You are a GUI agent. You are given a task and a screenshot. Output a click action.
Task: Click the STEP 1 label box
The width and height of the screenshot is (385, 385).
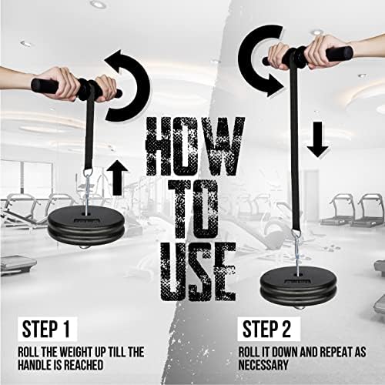pos(48,329)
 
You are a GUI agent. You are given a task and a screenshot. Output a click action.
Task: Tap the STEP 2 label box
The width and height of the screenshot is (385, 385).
pos(269,329)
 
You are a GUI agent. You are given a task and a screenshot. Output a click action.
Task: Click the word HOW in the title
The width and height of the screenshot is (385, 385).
pos(195,146)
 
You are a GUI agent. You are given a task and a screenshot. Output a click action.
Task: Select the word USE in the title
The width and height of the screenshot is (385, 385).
pos(198,272)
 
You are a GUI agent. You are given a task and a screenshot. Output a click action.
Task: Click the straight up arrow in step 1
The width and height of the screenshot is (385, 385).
pos(117,178)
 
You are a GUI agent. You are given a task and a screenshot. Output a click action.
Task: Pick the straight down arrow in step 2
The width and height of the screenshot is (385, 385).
pos(317,139)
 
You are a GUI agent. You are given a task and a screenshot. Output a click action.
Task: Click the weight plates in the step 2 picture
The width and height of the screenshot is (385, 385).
pos(298,289)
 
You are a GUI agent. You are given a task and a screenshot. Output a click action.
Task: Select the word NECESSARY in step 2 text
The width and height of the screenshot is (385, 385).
pos(263,365)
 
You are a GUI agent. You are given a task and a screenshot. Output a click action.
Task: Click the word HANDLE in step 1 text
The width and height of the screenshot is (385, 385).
pos(35,365)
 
